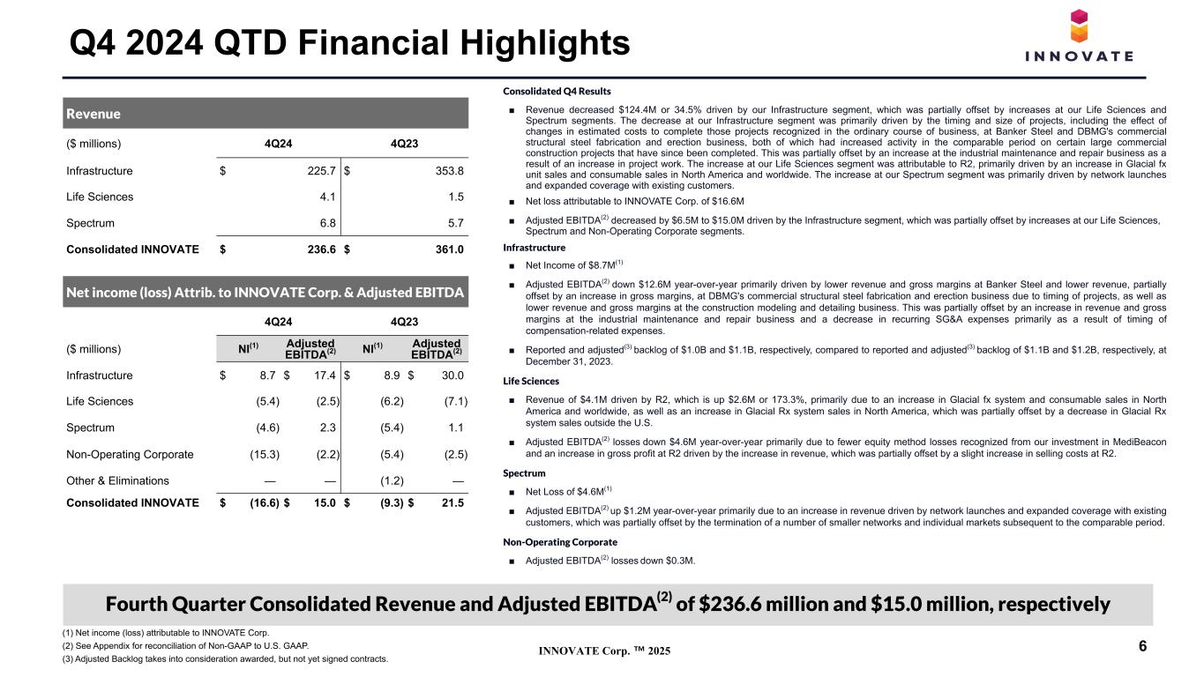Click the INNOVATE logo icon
tap(1079, 26)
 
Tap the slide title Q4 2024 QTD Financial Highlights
tap(349, 42)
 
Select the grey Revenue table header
tap(265, 113)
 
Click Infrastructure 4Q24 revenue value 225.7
tap(321, 171)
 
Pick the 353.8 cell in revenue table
tap(449, 171)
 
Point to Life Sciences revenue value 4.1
tap(327, 197)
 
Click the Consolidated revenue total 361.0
tap(449, 249)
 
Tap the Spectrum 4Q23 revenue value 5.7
tap(456, 223)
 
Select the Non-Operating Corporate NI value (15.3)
tap(265, 455)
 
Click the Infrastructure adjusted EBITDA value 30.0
tap(452, 376)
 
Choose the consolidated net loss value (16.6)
tap(265, 503)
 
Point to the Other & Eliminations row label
tap(117, 481)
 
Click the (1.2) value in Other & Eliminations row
tap(392, 481)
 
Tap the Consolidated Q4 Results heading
tap(557, 92)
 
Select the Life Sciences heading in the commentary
tap(531, 381)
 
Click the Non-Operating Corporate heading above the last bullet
tap(560, 542)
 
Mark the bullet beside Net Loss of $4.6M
tap(512, 492)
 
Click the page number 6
tap(1143, 646)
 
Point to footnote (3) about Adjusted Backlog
tap(225, 659)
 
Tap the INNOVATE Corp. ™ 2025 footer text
tap(605, 651)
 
